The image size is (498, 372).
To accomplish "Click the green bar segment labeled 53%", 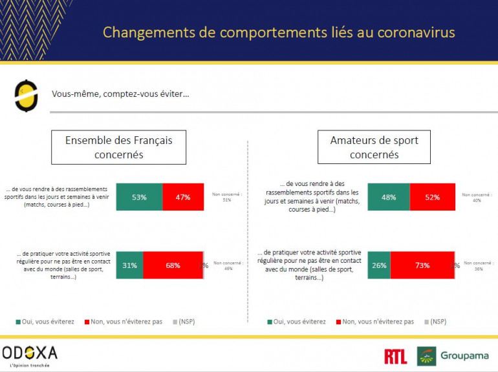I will coord(139,197).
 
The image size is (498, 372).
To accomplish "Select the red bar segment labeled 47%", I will coord(182,197).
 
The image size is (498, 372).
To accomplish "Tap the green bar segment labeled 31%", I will coord(129,265).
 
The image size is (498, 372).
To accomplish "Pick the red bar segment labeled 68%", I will coord(173,265).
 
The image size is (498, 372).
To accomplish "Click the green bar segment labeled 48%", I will coord(388,197).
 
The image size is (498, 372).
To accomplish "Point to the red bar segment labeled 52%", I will coord(431,197).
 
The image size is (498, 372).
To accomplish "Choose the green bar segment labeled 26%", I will coord(378,265).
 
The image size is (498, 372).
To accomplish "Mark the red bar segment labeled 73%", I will coord(422,265).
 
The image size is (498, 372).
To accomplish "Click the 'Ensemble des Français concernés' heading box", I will coord(119,147).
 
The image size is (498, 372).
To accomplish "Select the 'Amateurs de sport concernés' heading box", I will coord(374,147).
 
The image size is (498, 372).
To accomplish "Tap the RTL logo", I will coord(395,356).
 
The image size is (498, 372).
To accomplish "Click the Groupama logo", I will coord(452,356).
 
